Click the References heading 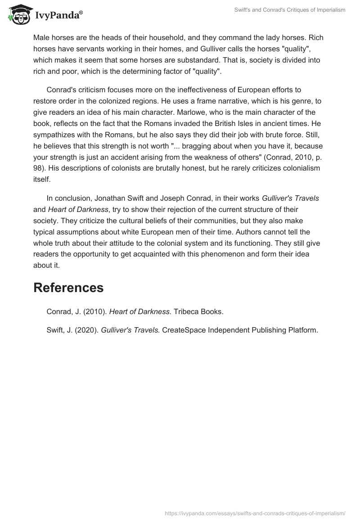[68, 288]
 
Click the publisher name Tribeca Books [198, 311]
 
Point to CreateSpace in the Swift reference [182, 330]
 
